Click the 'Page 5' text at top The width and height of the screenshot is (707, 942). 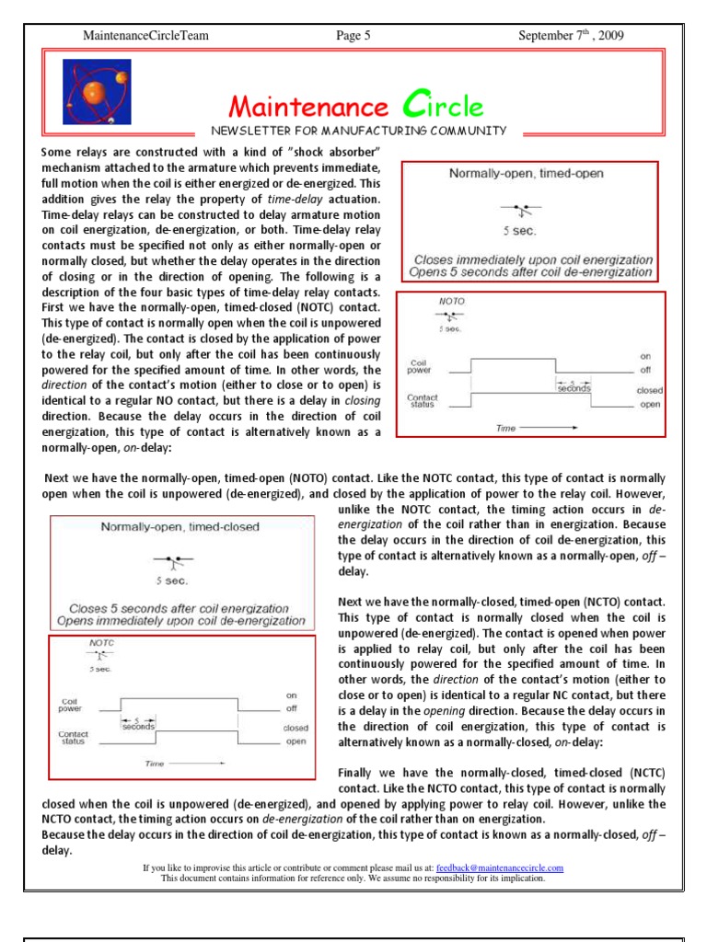click(353, 36)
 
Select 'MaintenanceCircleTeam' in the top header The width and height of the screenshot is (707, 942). click(145, 36)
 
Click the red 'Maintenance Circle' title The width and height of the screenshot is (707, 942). click(355, 106)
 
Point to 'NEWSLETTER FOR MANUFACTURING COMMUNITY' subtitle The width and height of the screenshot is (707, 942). click(359, 131)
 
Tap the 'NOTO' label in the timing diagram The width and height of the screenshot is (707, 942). click(451, 301)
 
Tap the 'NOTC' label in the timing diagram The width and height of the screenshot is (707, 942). click(101, 643)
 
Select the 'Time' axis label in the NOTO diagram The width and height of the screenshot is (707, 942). click(507, 428)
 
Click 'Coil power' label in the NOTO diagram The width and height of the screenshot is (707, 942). click(419, 366)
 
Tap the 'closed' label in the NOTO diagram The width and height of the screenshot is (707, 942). click(649, 390)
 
